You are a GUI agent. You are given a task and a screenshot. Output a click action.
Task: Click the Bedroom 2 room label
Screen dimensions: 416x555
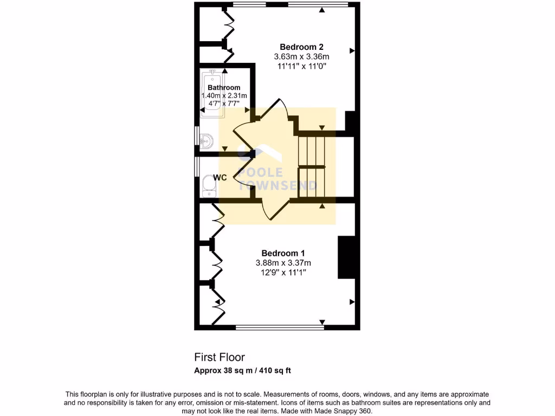click(301, 47)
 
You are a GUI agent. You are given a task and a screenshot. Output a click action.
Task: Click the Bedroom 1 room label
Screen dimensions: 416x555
click(283, 253)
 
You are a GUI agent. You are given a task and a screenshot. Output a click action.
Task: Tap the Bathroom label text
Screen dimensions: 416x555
click(224, 88)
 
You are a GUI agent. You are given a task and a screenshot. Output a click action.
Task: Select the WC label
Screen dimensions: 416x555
click(220, 178)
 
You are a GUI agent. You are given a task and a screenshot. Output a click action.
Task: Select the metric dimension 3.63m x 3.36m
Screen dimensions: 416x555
click(301, 56)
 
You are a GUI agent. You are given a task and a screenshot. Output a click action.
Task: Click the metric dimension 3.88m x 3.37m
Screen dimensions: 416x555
click(283, 263)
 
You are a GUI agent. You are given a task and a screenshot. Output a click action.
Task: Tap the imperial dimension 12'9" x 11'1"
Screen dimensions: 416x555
click(283, 272)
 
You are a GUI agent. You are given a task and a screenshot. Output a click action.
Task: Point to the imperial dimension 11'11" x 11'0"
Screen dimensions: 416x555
click(301, 66)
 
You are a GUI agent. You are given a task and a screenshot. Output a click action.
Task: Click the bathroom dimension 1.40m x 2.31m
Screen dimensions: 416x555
click(224, 95)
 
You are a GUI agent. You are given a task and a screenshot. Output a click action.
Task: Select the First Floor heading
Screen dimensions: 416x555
click(220, 357)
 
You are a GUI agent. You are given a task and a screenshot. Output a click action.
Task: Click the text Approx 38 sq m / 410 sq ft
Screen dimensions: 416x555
click(243, 371)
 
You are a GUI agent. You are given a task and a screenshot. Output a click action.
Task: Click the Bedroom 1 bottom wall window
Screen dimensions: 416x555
click(280, 327)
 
